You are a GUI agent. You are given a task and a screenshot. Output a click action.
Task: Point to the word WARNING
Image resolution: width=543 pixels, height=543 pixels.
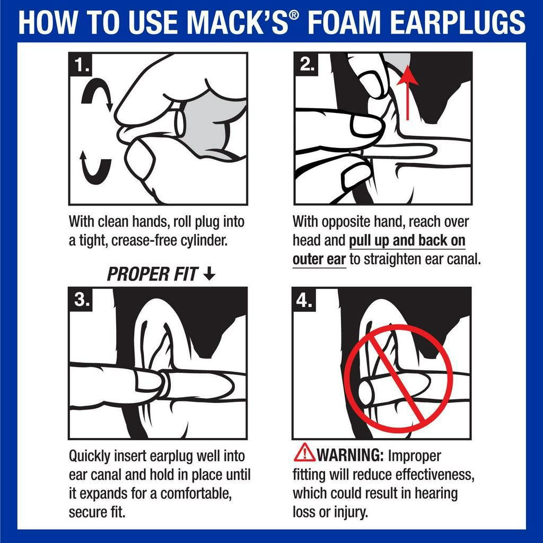351,455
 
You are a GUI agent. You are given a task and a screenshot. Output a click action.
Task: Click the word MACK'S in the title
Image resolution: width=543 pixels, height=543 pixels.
243,22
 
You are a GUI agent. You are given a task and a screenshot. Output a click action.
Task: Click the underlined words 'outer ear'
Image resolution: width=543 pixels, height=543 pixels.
319,259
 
